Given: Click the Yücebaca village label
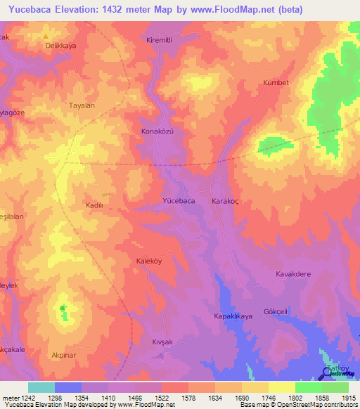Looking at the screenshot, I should [x=179, y=201].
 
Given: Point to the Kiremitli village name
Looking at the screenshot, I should [x=160, y=40].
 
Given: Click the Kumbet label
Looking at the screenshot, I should [x=276, y=82].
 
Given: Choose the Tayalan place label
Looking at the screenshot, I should [x=82, y=105].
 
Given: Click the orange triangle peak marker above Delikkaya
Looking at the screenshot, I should [x=46, y=36].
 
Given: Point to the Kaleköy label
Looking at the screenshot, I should [x=149, y=261].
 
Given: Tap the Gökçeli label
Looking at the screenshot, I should [x=295, y=309].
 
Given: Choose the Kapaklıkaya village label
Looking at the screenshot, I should [x=233, y=317].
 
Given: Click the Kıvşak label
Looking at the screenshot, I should [x=162, y=342].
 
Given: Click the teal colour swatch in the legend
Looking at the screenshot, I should [x=41, y=387].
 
